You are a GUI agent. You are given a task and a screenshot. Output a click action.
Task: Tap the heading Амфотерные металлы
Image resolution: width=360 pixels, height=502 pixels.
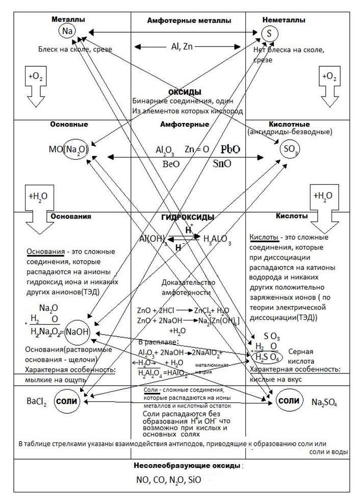click(189, 21)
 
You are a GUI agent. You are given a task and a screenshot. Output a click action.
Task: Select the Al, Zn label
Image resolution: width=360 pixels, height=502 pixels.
click(188, 46)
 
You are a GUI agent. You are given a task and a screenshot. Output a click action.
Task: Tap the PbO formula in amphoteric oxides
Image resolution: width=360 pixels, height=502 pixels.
click(230, 150)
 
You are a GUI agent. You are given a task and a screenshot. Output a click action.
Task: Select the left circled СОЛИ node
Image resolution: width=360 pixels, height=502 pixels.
click(67, 401)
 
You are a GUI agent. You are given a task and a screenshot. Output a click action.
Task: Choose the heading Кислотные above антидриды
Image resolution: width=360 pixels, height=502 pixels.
click(288, 124)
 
